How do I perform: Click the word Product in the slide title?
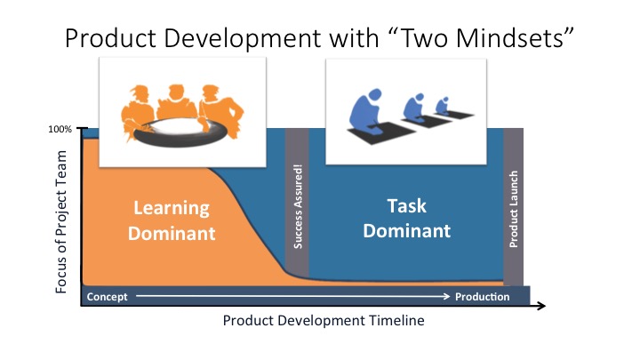[x=110, y=38]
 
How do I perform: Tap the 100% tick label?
[x=60, y=129]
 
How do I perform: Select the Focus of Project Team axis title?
[x=60, y=222]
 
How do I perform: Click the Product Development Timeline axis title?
[x=324, y=320]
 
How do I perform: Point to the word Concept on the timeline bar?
[x=107, y=297]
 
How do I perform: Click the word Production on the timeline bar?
[x=483, y=297]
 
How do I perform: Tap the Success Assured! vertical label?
[x=298, y=206]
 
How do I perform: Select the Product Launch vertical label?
[x=514, y=209]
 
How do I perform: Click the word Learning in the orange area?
[x=172, y=208]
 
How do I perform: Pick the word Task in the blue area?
[x=406, y=205]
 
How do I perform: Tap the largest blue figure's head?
[x=374, y=95]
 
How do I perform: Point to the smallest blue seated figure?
[x=442, y=106]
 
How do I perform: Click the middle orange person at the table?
[x=176, y=102]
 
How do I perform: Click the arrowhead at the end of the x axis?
[x=541, y=306]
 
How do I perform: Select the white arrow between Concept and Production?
[x=292, y=296]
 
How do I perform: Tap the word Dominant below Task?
[x=406, y=231]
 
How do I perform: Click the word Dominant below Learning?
[x=172, y=234]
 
